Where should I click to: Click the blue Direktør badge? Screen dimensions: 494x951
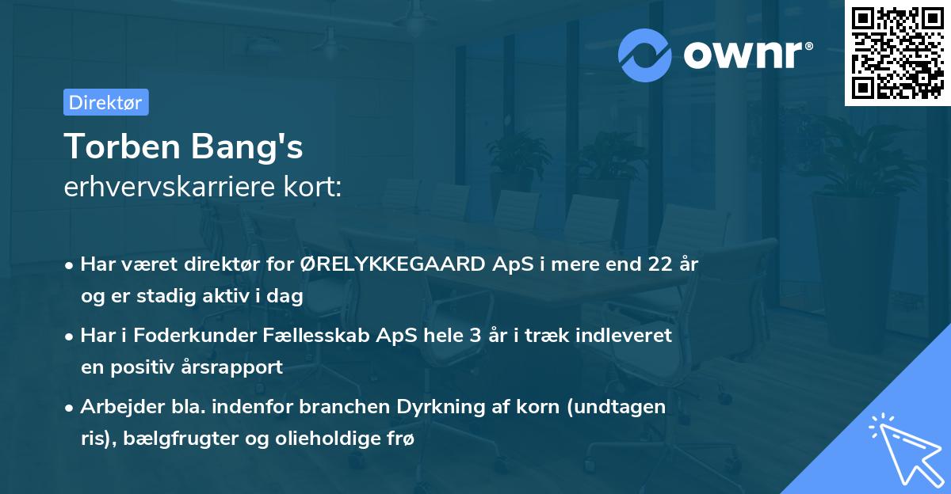tap(105, 102)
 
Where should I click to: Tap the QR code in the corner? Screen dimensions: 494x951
tap(897, 53)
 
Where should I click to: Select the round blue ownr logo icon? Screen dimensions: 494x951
tap(646, 55)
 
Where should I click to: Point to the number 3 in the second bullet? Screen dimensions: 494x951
tap(475, 335)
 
